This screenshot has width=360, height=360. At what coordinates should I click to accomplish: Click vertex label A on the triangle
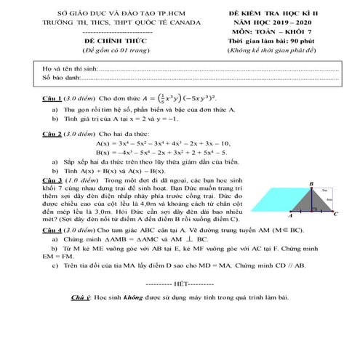pyautogui.click(x=290, y=216)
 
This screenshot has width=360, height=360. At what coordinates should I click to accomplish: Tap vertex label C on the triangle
pyautogui.click(x=335, y=215)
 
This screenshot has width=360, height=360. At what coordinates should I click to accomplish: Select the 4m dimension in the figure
pyautogui.click(x=329, y=199)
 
